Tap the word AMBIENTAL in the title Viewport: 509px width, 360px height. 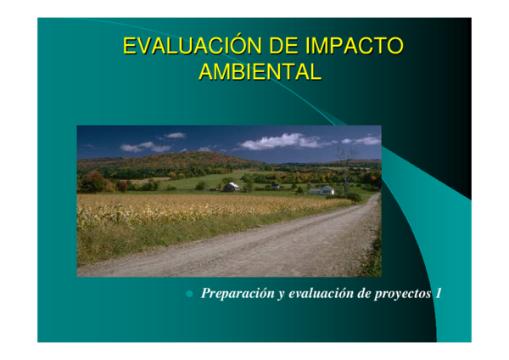point(260,72)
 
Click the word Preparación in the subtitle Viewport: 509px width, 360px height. point(237,294)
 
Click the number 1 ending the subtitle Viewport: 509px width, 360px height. point(438,294)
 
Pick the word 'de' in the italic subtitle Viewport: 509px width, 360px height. point(365,294)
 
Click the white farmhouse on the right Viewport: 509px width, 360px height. point(322,190)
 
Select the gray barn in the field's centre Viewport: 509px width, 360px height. point(231,186)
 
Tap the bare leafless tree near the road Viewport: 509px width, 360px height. point(344,166)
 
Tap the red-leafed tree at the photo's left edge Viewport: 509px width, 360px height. point(92,182)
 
